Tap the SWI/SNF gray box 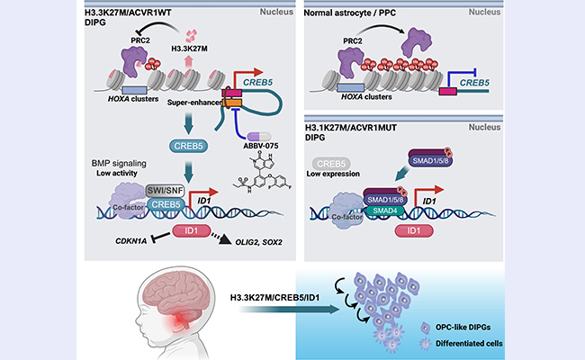click(166, 189)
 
